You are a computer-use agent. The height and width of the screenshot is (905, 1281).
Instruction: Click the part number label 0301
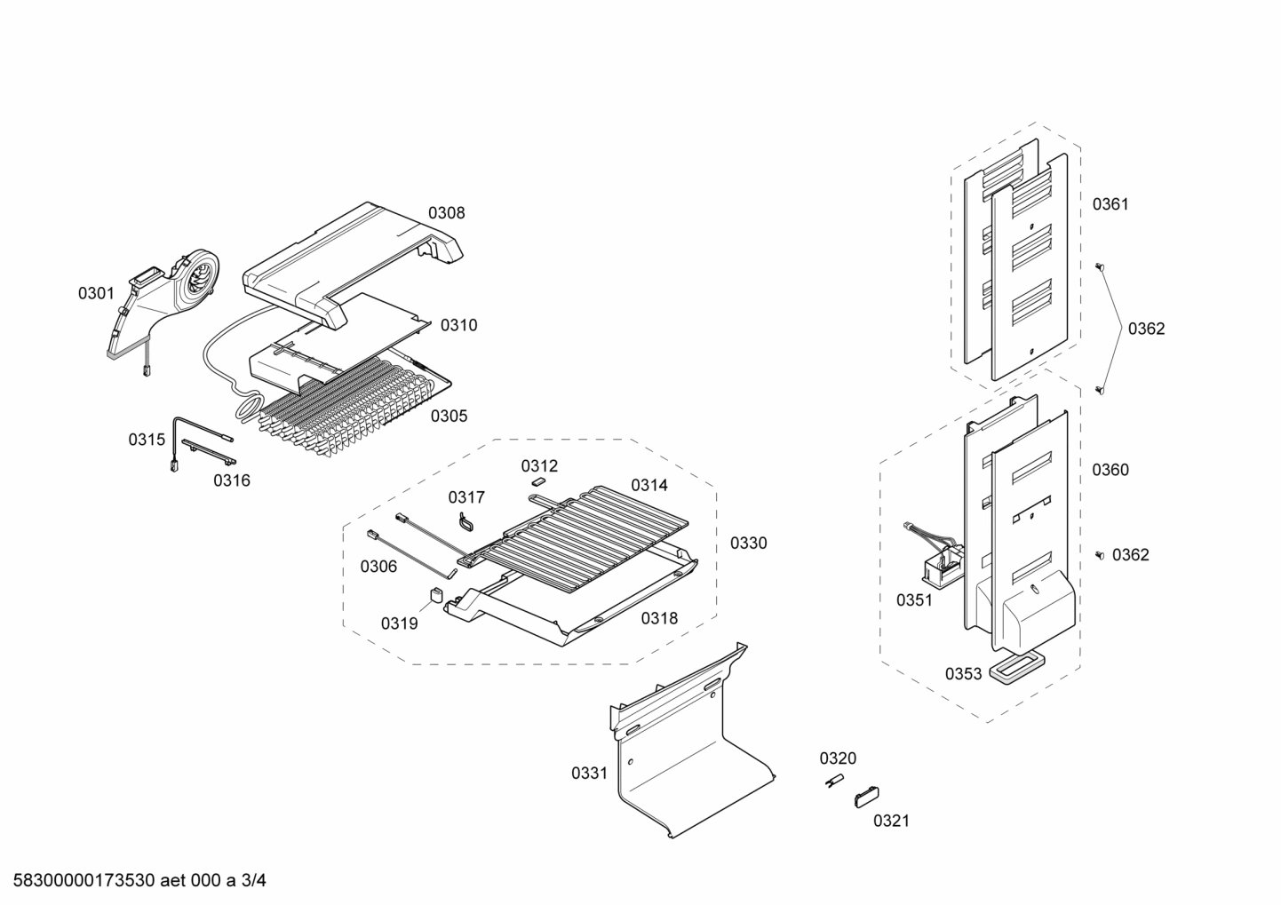point(96,293)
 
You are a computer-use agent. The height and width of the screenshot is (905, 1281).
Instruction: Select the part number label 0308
point(446,213)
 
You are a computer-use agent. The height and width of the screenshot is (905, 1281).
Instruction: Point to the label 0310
point(458,325)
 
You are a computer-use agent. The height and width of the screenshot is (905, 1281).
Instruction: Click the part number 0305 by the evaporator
point(449,416)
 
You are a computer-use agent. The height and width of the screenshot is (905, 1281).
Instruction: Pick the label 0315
point(147,439)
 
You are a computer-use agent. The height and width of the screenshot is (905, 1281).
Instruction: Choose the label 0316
point(231,480)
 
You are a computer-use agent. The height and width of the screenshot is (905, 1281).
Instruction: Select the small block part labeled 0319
point(436,594)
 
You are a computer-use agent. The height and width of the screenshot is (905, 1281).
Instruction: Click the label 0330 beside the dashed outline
point(748,543)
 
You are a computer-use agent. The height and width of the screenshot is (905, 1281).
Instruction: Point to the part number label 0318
point(659,618)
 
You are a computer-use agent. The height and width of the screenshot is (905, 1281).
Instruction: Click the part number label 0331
point(589,773)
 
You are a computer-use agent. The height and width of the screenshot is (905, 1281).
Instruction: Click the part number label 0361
point(1110,204)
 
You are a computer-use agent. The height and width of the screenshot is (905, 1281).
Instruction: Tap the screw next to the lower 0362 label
point(1100,555)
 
